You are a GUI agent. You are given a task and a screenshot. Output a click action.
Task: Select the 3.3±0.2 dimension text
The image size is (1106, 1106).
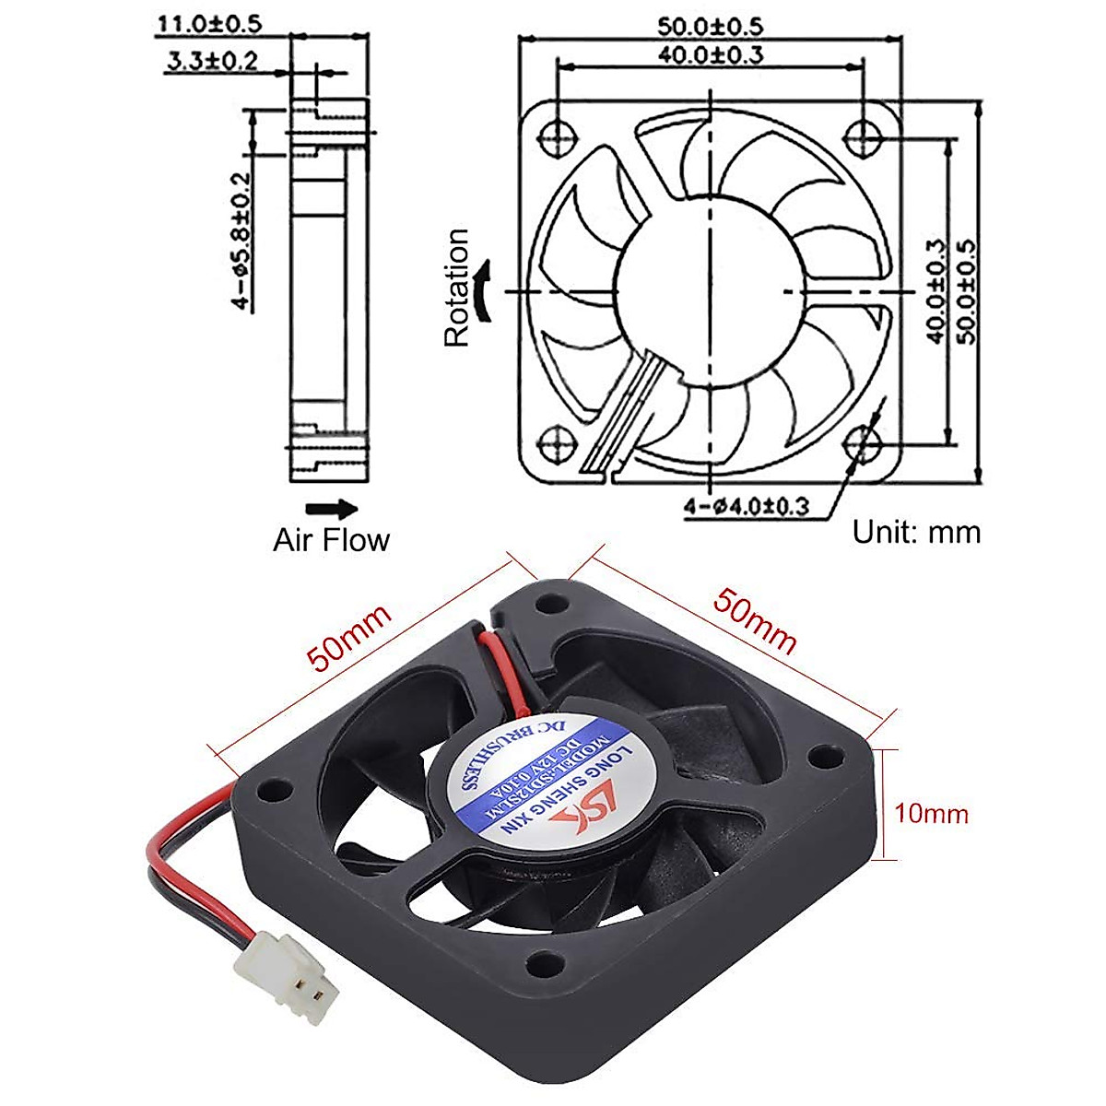(212, 62)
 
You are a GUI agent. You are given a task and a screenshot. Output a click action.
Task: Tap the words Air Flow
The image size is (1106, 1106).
(331, 540)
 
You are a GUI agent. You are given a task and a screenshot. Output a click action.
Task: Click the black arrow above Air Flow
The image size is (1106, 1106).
(331, 508)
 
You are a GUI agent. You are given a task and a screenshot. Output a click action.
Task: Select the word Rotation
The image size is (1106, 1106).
(457, 288)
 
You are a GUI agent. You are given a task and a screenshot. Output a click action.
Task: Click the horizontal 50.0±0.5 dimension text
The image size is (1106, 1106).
(710, 26)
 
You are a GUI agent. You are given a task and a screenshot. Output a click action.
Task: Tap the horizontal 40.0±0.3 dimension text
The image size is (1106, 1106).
(711, 54)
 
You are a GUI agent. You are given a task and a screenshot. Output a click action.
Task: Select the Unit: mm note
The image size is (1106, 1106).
(916, 532)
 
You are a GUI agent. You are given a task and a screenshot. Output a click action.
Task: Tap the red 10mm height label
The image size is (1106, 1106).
(931, 814)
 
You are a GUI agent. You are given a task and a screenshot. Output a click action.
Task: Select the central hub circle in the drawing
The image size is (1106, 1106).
(710, 291)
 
